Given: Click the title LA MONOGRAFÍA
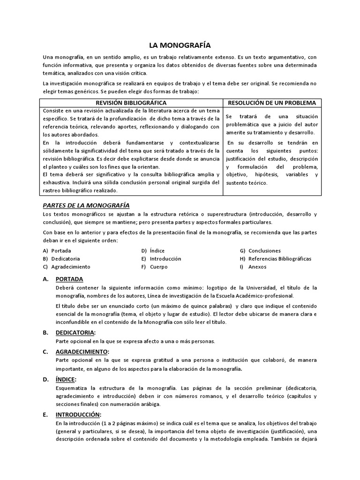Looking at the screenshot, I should click(x=180, y=45).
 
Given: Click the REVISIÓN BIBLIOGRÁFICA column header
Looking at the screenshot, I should click(x=131, y=103).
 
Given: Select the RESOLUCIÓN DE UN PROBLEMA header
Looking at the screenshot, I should click(x=271, y=103).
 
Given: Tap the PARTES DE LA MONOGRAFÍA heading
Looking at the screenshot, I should click(x=86, y=205).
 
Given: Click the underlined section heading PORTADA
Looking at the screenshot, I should click(x=69, y=279).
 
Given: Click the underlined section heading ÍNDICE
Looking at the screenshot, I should click(x=66, y=379).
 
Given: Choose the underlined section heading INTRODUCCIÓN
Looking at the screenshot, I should click(x=78, y=414).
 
